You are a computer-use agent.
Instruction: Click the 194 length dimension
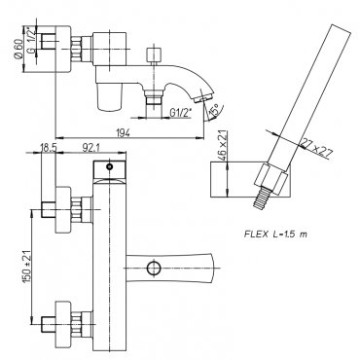click(123, 132)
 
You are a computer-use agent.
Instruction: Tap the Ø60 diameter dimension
click(18, 49)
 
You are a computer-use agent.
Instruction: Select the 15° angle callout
click(214, 110)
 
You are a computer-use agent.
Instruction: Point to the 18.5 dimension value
click(49, 148)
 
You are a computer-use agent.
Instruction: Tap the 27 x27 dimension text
click(316, 148)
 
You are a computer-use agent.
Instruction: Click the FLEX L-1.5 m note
click(275, 234)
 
